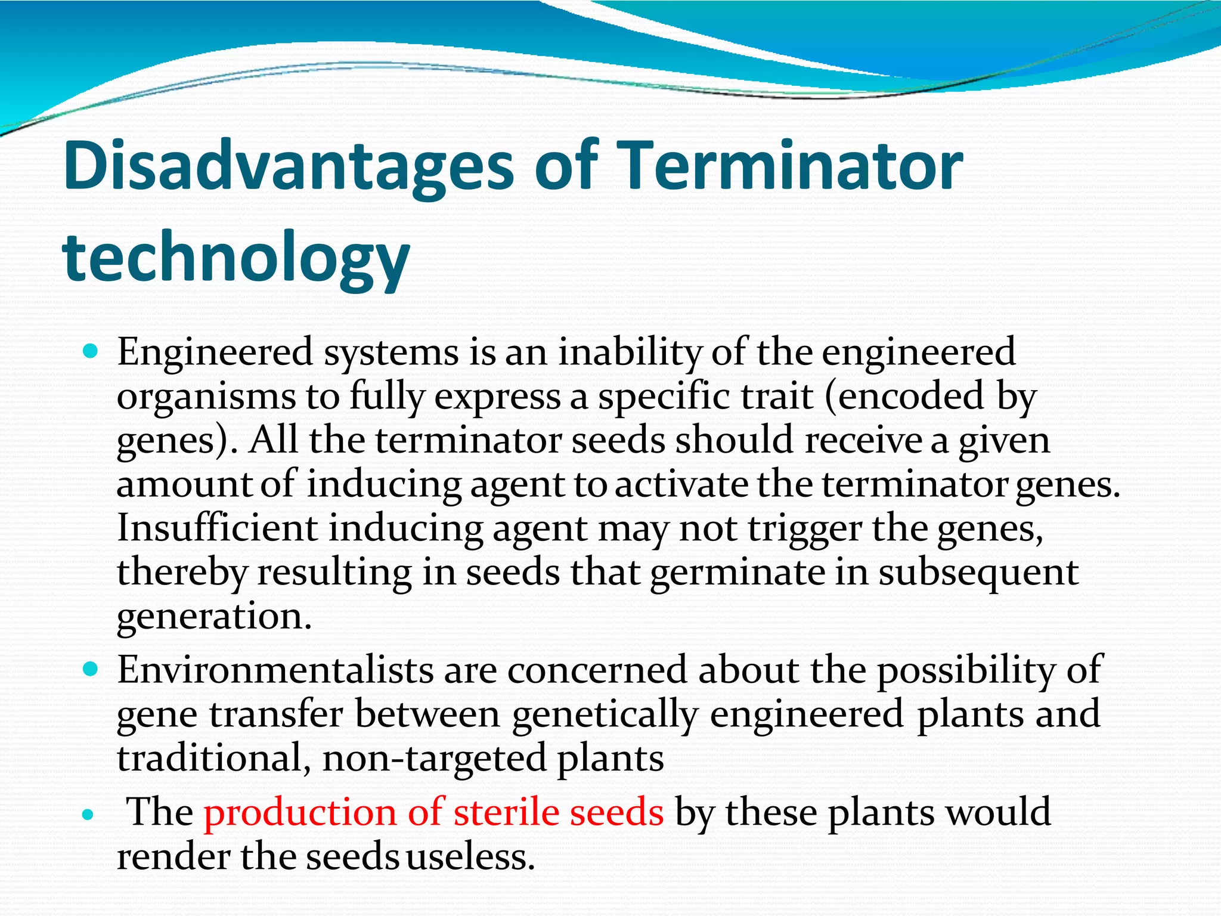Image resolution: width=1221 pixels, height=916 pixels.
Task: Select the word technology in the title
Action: point(235,258)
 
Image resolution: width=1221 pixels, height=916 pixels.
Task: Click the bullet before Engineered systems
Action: point(90,352)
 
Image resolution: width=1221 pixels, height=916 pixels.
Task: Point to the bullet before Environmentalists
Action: point(90,669)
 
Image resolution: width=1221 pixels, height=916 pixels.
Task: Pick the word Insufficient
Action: point(217,528)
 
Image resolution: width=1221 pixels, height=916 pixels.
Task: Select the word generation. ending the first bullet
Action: point(214,617)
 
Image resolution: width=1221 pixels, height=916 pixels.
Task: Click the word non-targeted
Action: point(435,758)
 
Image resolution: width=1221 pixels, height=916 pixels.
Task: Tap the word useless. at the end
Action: point(470,857)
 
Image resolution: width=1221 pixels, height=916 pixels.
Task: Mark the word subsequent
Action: point(978,572)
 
